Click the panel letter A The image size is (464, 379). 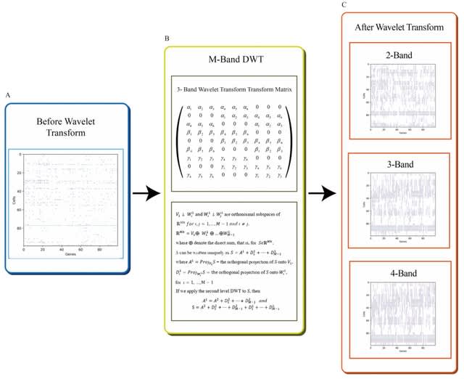tap(7, 95)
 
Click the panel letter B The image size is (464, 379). tap(167, 36)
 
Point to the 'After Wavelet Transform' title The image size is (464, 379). tap(399, 28)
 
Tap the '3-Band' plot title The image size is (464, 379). tap(400, 164)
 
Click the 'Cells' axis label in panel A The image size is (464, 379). tap(14, 200)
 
